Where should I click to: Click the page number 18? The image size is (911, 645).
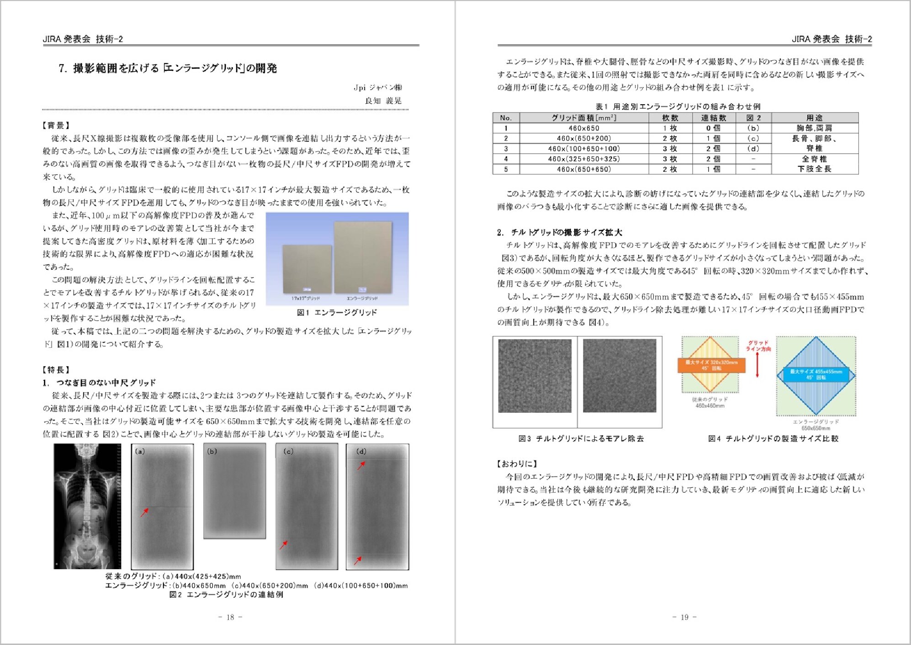pyautogui.click(x=230, y=617)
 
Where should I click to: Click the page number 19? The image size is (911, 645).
pyautogui.click(x=684, y=617)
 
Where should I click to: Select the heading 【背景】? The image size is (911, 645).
pyautogui.click(x=56, y=125)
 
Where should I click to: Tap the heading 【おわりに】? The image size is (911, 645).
pyautogui.click(x=517, y=464)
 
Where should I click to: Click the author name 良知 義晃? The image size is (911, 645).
pyautogui.click(x=383, y=101)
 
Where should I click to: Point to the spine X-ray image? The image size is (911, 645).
pyautogui.click(x=87, y=506)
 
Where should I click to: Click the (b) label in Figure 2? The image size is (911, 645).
pyautogui.click(x=212, y=451)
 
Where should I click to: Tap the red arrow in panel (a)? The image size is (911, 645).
pyautogui.click(x=144, y=512)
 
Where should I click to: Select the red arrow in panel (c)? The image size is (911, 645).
pyautogui.click(x=284, y=545)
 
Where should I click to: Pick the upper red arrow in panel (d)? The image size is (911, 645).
pyautogui.click(x=361, y=465)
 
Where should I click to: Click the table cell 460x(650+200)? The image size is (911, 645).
pyautogui.click(x=584, y=139)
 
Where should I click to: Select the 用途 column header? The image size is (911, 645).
pyautogui.click(x=815, y=118)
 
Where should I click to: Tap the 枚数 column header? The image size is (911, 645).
pyautogui.click(x=670, y=118)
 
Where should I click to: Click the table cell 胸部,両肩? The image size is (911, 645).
pyautogui.click(x=815, y=128)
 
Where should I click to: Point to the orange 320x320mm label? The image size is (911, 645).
pyautogui.click(x=711, y=365)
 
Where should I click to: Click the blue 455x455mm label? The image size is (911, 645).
pyautogui.click(x=816, y=374)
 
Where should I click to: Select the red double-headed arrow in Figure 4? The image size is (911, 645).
pyautogui.click(x=757, y=365)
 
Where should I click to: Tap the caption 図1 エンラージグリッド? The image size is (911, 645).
pyautogui.click(x=337, y=313)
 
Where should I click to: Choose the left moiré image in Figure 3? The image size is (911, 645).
pyautogui.click(x=535, y=376)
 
